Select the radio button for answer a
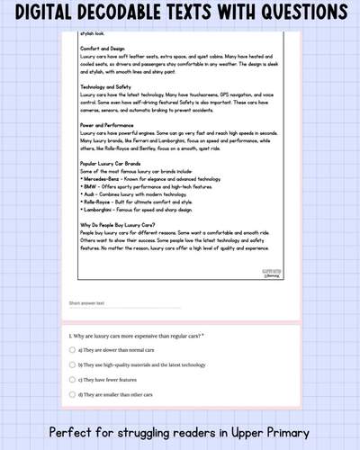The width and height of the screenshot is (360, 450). tap(72, 348)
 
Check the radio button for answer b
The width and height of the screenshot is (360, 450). tap(72, 364)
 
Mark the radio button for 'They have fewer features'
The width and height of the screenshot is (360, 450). tap(72, 380)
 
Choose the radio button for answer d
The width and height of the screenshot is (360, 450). tap(72, 395)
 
